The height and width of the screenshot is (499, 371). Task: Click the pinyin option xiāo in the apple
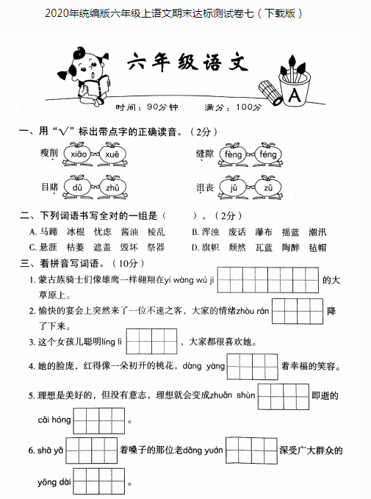pyautogui.click(x=79, y=154)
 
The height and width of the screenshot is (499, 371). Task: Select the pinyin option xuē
pyautogui.click(x=112, y=154)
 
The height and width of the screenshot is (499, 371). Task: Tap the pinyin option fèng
pyautogui.click(x=234, y=154)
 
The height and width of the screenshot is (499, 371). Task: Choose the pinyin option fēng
pyautogui.click(x=267, y=154)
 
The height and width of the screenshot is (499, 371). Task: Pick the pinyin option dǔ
pyautogui.click(x=79, y=188)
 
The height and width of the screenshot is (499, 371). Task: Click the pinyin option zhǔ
pyautogui.click(x=112, y=188)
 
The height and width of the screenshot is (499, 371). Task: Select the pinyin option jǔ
pyautogui.click(x=234, y=188)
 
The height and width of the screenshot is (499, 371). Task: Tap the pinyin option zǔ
pyautogui.click(x=267, y=188)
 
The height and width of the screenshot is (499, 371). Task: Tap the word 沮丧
pyautogui.click(x=205, y=188)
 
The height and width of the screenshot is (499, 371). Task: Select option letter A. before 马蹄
pyautogui.click(x=33, y=232)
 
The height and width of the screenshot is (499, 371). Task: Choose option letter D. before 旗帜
pyautogui.click(x=195, y=247)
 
